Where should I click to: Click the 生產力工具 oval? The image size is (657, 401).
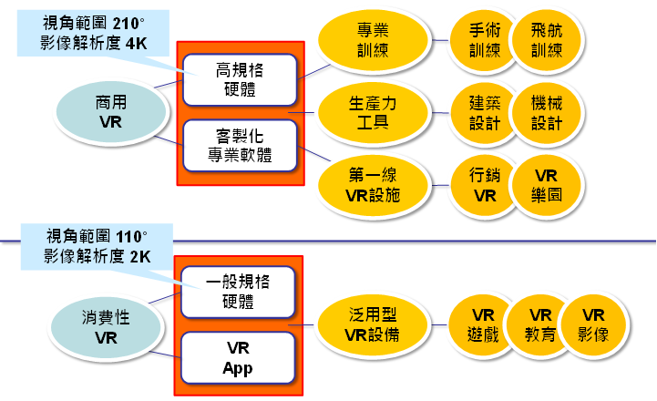(x=373, y=111)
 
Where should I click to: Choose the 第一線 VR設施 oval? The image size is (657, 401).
(x=373, y=183)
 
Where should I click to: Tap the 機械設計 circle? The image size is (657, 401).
(x=545, y=111)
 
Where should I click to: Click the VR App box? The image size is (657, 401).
(x=238, y=358)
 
